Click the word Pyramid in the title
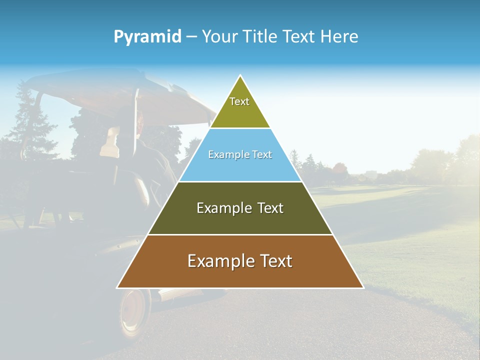pyautogui.click(x=147, y=37)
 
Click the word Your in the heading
pyautogui.click(x=218, y=36)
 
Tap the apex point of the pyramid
pyautogui.click(x=240, y=76)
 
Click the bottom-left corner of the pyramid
pyautogui.click(x=118, y=287)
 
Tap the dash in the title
pyautogui.click(x=191, y=37)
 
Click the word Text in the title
pyautogui.click(x=299, y=36)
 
